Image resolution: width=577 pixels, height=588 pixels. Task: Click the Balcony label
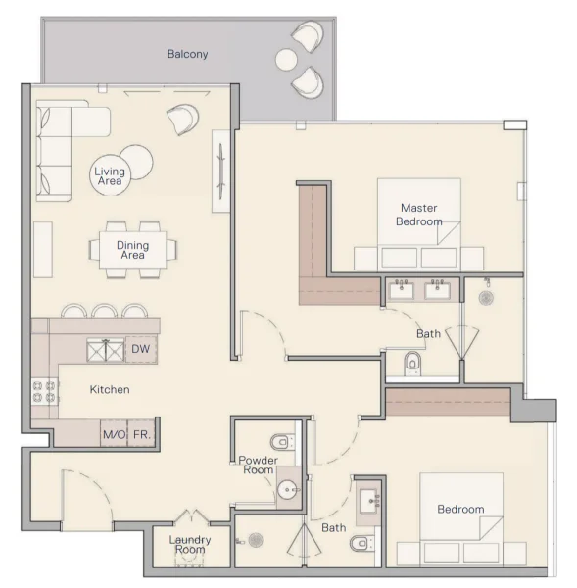tap(187, 54)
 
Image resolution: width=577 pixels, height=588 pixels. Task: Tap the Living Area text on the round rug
tap(109, 175)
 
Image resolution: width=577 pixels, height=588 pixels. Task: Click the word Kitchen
tap(110, 389)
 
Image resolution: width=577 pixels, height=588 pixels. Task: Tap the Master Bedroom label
tap(417, 214)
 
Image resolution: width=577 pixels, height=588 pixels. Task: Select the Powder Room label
tap(258, 465)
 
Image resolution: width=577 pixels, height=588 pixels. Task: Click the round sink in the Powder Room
tap(287, 489)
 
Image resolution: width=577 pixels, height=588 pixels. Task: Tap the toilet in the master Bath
tap(412, 364)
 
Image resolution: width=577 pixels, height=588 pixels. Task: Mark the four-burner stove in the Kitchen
tap(44, 392)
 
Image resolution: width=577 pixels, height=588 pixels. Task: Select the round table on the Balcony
tap(285, 60)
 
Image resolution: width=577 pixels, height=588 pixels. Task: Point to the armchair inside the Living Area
tap(182, 119)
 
